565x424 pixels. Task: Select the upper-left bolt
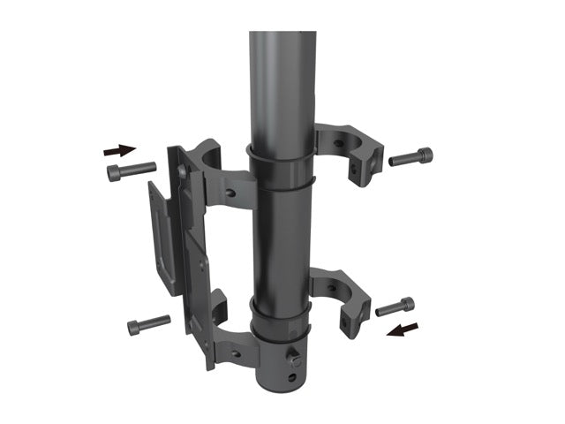131,170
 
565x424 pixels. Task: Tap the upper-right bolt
411,158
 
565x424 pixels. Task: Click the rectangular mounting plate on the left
163,238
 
